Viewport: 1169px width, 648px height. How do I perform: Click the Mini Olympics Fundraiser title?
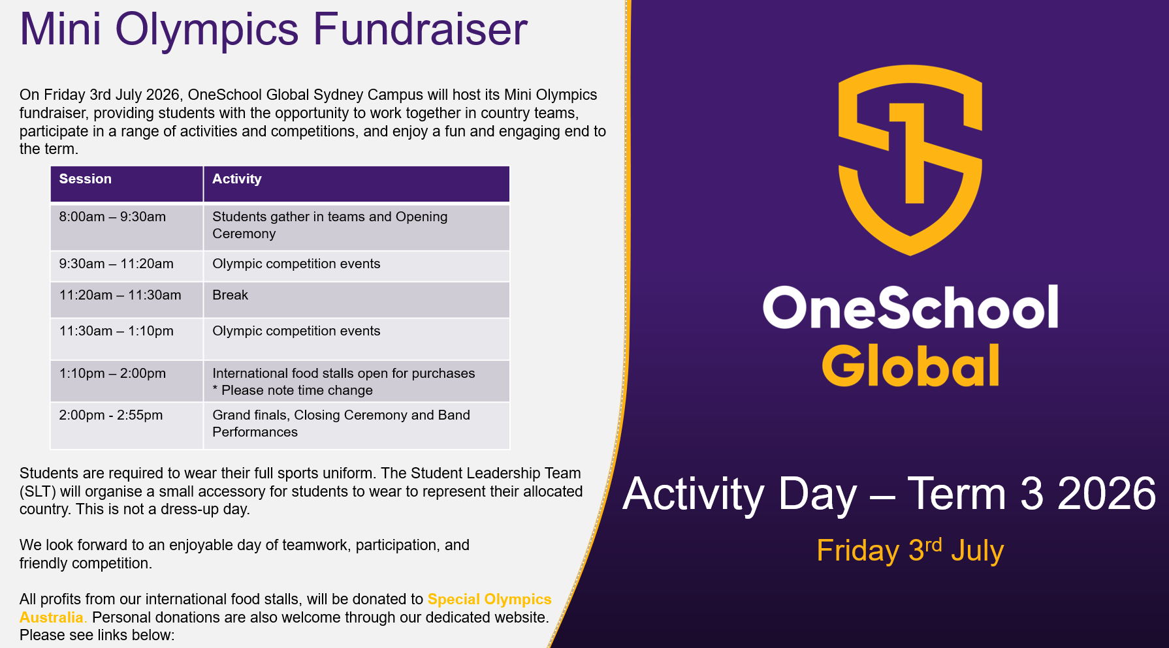pyautogui.click(x=273, y=29)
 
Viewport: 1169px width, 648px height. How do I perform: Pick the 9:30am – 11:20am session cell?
pyautogui.click(x=127, y=266)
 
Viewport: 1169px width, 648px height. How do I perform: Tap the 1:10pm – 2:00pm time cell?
pyautogui.click(x=127, y=381)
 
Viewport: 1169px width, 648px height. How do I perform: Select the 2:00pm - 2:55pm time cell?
pyautogui.click(x=127, y=425)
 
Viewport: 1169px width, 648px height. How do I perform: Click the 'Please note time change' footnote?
pyautogui.click(x=293, y=390)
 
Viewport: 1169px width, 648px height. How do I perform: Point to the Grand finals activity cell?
pyautogui.click(x=357, y=425)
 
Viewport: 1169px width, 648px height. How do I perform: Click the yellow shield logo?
pyautogui.click(x=910, y=160)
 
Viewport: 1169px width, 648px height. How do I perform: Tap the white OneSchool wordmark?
pyautogui.click(x=910, y=307)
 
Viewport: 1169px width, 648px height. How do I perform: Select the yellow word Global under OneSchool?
pyautogui.click(x=910, y=365)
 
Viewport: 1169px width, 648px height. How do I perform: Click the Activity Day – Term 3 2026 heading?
pyautogui.click(x=889, y=494)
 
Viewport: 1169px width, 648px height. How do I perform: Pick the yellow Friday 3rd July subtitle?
pyautogui.click(x=910, y=550)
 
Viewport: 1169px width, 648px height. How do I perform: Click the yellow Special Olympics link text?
pyautogui.click(x=490, y=599)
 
